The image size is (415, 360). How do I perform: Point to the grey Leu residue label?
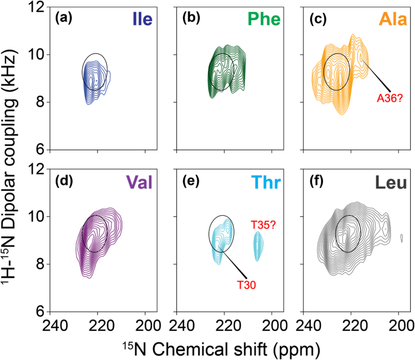click(387, 181)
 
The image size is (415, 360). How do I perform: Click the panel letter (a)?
click(64, 18)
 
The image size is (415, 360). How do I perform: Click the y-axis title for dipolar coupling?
click(13, 161)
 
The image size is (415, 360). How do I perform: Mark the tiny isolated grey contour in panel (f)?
click(401, 239)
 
